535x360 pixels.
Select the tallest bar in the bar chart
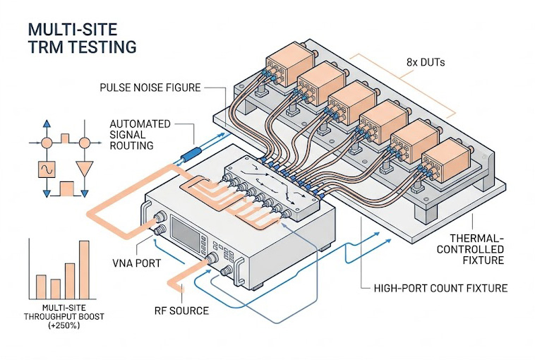(84, 269)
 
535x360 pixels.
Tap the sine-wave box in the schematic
(47, 170)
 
